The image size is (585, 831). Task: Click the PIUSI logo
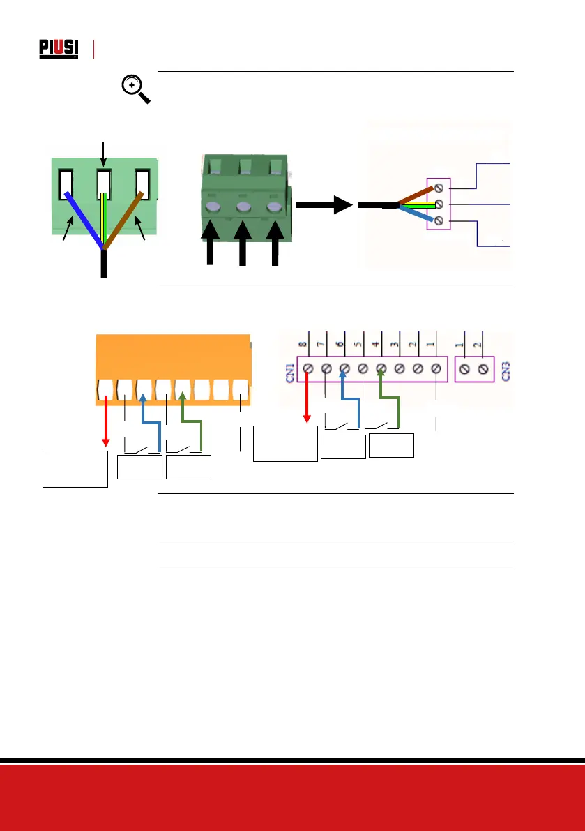pyautogui.click(x=58, y=49)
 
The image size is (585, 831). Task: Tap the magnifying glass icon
pyautogui.click(x=135, y=89)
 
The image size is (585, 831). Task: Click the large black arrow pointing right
pyautogui.click(x=322, y=206)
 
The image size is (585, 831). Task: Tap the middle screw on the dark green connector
pyautogui.click(x=243, y=208)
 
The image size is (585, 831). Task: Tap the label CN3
pyautogui.click(x=507, y=367)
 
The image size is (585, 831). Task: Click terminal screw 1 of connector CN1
pyautogui.click(x=436, y=368)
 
